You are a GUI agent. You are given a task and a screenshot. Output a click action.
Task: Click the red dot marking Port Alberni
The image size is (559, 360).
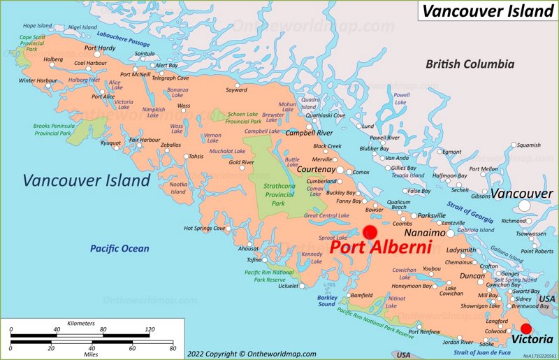370,233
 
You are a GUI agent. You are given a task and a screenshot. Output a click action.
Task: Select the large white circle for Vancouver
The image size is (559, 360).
524,206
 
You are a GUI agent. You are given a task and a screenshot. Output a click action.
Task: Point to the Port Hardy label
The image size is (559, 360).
100,48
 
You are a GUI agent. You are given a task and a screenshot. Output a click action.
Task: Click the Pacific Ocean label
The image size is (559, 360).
119,248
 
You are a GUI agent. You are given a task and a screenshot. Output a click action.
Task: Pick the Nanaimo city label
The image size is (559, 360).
425,232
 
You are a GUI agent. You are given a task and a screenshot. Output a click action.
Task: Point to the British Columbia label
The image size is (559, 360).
470,64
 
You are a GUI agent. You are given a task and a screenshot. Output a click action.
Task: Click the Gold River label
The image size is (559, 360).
242,162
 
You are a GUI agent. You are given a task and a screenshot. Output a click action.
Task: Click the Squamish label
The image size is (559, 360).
528,145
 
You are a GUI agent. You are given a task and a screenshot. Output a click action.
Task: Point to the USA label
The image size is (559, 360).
546,298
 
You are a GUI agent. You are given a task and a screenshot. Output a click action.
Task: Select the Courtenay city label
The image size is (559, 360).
317,169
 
